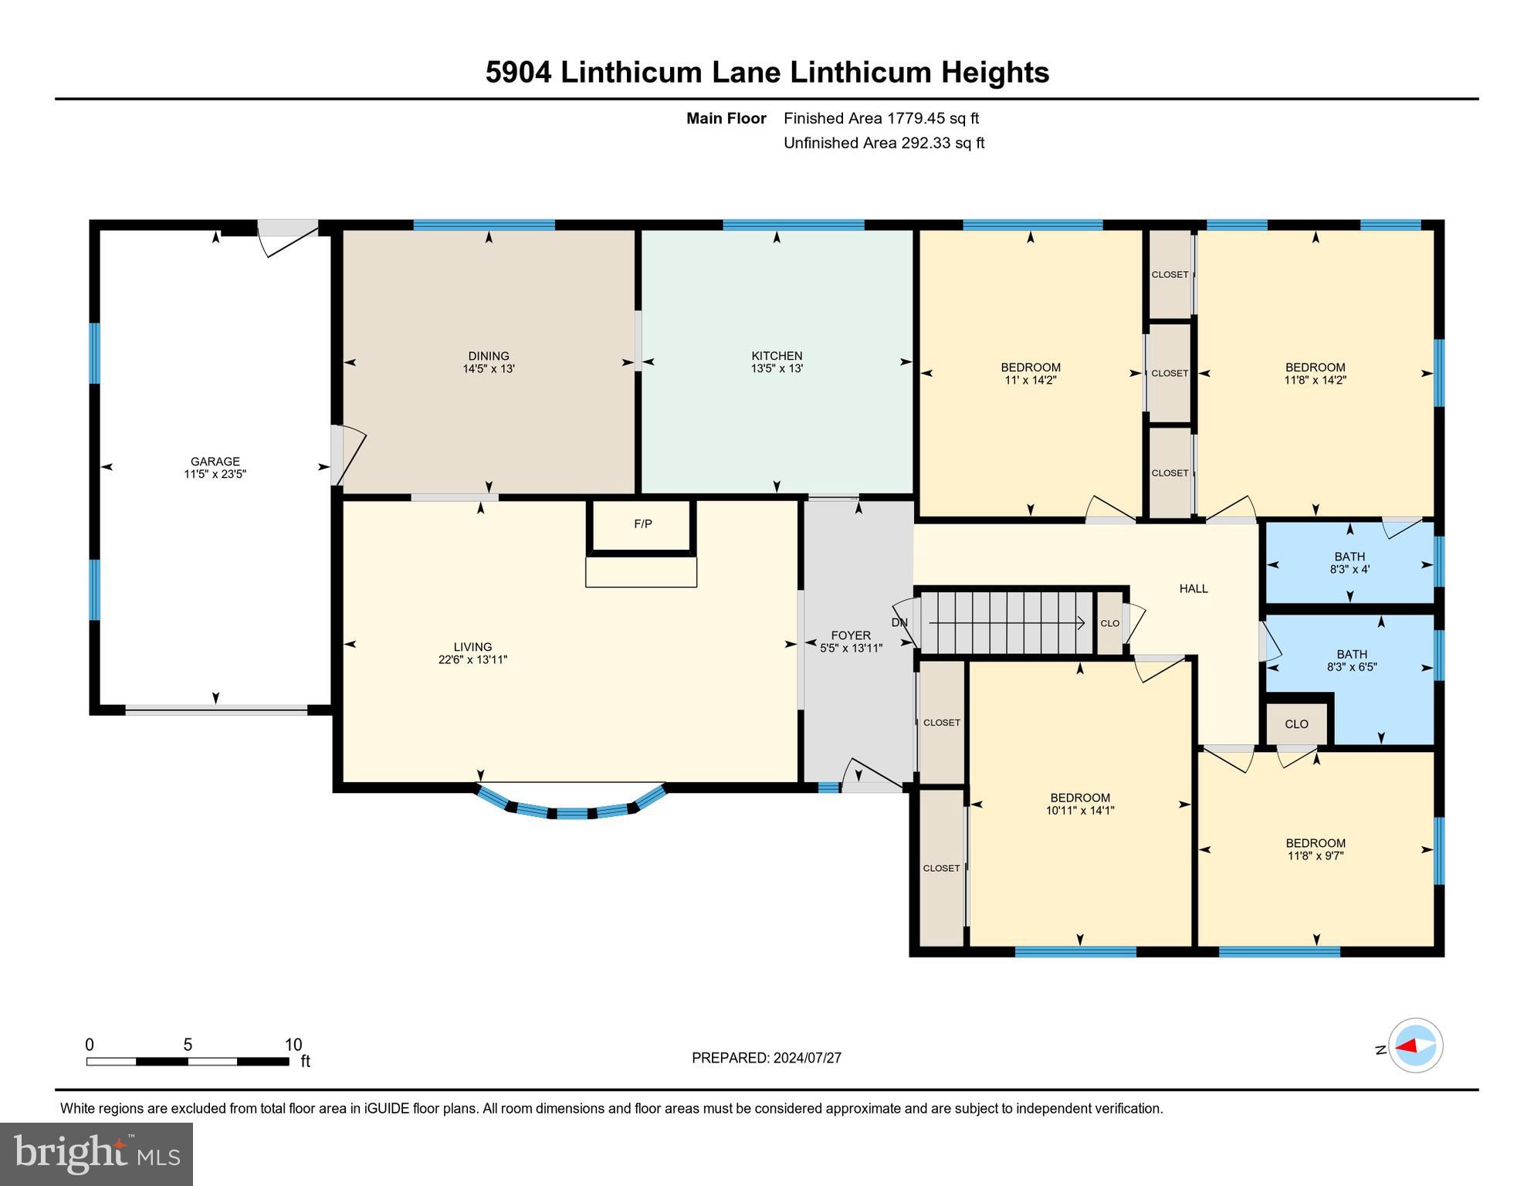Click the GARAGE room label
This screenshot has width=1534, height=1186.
(215, 462)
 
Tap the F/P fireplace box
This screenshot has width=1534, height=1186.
(642, 525)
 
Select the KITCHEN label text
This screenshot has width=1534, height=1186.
(777, 356)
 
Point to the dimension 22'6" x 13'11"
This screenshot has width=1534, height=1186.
(472, 660)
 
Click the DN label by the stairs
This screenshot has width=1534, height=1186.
(899, 623)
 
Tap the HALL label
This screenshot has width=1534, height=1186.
(1193, 589)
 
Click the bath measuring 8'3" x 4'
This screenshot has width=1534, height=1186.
(1349, 563)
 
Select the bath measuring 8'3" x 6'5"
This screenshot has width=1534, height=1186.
(1351, 661)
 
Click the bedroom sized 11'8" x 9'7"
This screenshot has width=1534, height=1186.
(1316, 849)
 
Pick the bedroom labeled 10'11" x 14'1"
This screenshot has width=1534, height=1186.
(1079, 804)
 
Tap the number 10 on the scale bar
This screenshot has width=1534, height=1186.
(293, 1045)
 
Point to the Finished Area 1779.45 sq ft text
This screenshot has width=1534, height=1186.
(881, 118)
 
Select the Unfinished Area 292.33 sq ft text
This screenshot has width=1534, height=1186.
(883, 143)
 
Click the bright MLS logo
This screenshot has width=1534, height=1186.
(97, 1154)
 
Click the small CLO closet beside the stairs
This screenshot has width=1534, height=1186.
(1109, 623)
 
